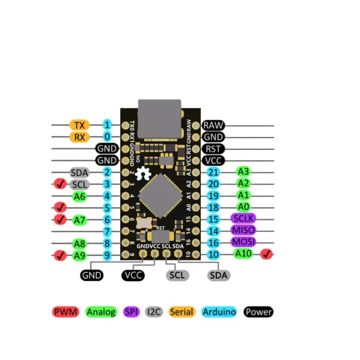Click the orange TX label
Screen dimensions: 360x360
point(79,125)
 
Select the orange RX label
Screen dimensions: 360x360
point(79,137)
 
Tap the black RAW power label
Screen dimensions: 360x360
point(213,125)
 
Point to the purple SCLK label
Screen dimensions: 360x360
point(243,218)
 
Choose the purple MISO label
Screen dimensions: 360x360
point(243,230)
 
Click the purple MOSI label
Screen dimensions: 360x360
point(243,242)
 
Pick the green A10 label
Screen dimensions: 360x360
point(244,254)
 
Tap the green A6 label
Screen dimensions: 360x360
point(80,196)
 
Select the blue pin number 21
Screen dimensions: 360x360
point(213,172)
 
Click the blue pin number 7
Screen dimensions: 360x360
point(107,232)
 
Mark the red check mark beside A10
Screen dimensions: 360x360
point(266,254)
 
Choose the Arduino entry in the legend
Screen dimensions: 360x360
point(219,312)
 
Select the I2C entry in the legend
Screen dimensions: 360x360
point(154,312)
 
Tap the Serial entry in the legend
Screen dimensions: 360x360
point(182,312)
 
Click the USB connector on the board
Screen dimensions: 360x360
point(159,115)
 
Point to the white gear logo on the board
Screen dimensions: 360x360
point(143,175)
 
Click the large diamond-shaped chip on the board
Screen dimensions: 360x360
point(160,195)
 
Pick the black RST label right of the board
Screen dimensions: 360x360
point(213,149)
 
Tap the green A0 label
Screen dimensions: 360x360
point(243,206)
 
